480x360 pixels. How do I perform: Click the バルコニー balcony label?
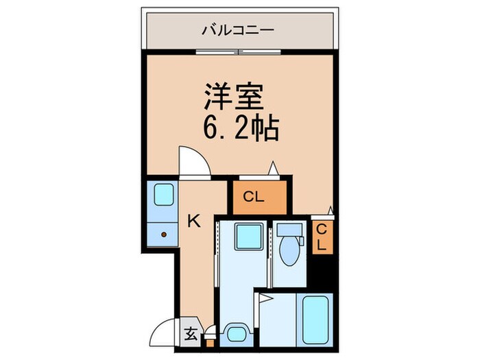click(x=238, y=29)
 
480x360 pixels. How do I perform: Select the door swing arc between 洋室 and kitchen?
click(x=193, y=161)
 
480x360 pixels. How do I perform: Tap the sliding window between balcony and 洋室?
click(x=238, y=52)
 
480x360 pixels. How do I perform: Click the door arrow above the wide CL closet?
click(x=273, y=167)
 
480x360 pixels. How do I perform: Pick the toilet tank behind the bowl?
click(x=288, y=230)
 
